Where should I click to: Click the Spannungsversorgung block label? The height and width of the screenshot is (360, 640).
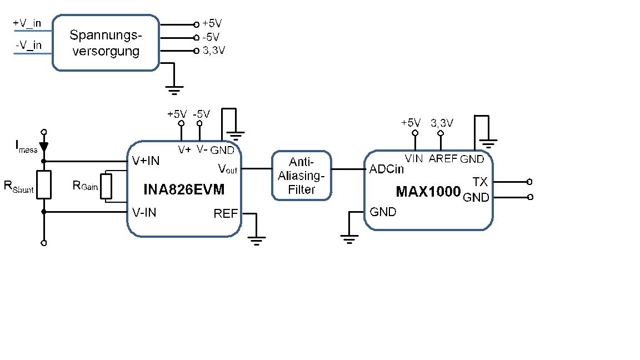[x=106, y=43]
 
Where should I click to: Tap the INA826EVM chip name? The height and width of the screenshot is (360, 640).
[x=184, y=189]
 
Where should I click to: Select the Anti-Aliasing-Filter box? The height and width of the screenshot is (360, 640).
[x=302, y=176]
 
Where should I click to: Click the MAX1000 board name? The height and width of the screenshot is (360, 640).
[x=428, y=192]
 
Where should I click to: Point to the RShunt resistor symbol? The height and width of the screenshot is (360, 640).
[x=44, y=185]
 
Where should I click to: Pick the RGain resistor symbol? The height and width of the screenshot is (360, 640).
[x=106, y=187]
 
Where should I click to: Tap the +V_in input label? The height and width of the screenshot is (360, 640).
[x=27, y=23]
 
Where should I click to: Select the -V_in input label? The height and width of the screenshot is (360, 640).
[x=28, y=45]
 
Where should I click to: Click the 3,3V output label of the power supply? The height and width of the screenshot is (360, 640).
[x=214, y=51]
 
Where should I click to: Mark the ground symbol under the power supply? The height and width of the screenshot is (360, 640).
[x=174, y=90]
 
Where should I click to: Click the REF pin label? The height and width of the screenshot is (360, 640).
[x=226, y=213]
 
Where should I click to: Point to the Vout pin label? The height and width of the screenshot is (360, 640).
[x=228, y=168]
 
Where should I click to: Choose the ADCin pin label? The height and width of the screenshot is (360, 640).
[x=387, y=169]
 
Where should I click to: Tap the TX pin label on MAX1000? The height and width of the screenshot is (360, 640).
[x=480, y=182]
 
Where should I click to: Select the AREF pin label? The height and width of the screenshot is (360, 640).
[x=443, y=158]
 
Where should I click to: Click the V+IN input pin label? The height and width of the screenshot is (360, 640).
[x=146, y=161]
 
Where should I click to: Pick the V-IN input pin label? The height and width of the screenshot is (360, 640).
[x=144, y=213]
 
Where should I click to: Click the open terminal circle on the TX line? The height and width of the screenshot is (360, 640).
[x=529, y=182]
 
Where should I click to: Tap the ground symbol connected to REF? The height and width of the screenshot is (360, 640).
[x=256, y=241]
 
